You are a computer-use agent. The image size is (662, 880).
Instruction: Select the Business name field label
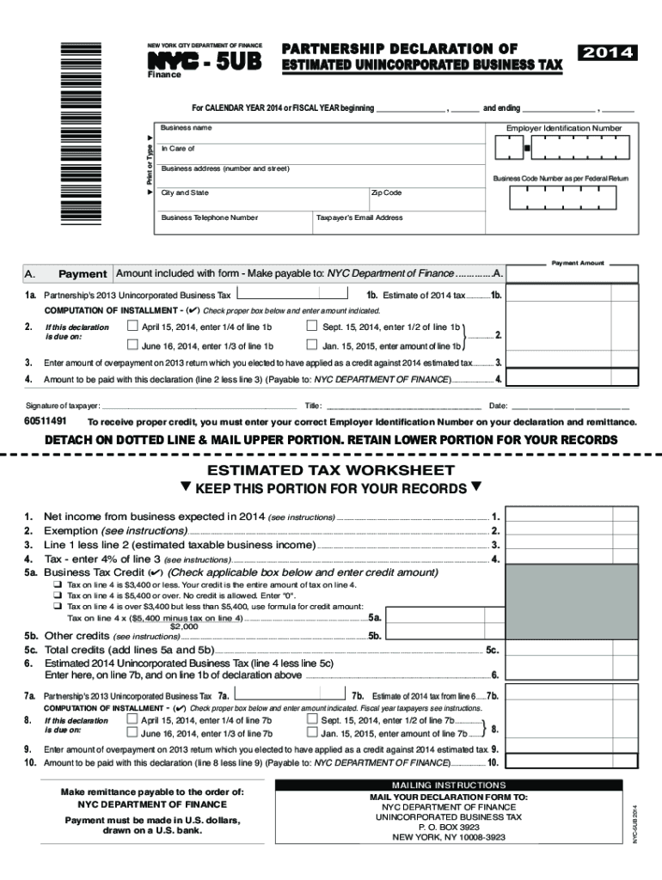187,128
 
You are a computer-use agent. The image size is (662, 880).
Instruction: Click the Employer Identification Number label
563,128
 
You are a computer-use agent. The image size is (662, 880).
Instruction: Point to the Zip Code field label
386,193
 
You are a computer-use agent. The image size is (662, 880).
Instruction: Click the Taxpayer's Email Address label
359,217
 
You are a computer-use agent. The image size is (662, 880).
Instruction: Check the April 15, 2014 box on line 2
132,327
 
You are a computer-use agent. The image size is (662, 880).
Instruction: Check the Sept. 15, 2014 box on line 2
312,327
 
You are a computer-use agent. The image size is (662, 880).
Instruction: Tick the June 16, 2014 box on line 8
132,733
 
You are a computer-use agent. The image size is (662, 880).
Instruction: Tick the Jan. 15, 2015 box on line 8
312,733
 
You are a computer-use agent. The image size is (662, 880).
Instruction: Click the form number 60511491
46,422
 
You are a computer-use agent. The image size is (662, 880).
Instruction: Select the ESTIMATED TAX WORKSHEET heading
331,470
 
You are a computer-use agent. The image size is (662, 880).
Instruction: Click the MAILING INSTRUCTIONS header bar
449,785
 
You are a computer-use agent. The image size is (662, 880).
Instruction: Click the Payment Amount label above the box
578,263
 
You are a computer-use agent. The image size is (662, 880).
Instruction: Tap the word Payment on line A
83,274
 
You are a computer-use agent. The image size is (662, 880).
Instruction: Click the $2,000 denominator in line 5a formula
185,626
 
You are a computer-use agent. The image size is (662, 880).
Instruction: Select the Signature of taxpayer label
63,405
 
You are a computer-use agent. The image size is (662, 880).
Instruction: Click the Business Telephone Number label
209,217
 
